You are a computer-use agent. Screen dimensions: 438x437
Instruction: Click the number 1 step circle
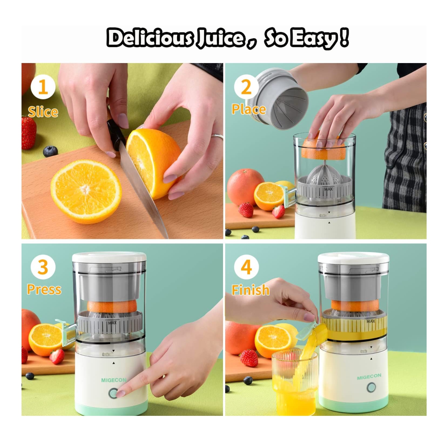(43, 87)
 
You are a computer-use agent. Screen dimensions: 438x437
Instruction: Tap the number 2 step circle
(246, 87)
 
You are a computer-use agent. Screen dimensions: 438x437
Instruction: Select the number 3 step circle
(43, 267)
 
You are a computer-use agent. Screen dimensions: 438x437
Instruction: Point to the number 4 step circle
(246, 267)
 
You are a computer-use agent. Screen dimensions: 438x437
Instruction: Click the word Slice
(43, 112)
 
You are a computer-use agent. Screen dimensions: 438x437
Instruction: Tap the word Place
(249, 109)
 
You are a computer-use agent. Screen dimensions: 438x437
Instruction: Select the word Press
(44, 289)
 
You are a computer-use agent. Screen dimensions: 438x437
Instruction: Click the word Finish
(250, 290)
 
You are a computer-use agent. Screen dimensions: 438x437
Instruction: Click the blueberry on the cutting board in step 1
(50, 151)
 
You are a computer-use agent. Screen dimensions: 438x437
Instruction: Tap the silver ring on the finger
(217, 136)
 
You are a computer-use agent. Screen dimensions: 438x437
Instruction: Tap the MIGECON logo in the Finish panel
(369, 376)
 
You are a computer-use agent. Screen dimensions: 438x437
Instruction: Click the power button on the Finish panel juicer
(371, 387)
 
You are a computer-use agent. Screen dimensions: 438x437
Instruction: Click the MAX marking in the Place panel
(328, 189)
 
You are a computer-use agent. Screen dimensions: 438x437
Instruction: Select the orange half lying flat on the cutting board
(86, 191)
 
